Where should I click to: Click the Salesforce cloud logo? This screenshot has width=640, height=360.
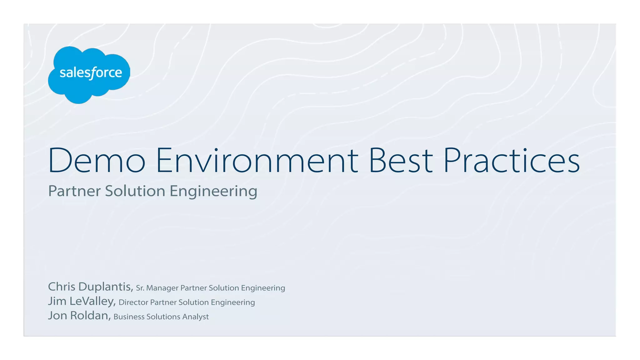[89, 74]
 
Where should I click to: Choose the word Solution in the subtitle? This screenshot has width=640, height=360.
[135, 191]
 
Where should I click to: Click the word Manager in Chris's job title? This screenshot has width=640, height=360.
[162, 288]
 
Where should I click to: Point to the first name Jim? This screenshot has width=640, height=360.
[57, 301]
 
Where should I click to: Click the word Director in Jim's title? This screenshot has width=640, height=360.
[133, 302]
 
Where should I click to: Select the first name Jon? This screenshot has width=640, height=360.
[57, 315]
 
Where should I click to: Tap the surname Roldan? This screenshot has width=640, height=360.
[90, 315]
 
